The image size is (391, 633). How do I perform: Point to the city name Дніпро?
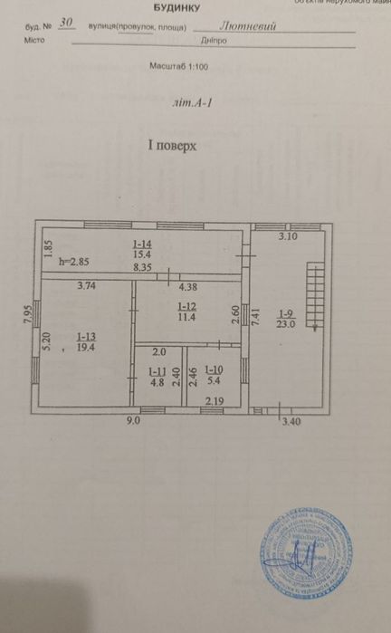pyautogui.click(x=215, y=42)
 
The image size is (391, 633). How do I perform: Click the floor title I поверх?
pyautogui.click(x=172, y=145)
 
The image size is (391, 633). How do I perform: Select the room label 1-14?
pyautogui.click(x=142, y=245)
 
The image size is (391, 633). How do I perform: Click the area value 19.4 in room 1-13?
pyautogui.click(x=87, y=347)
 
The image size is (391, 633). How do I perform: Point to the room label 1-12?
pyautogui.click(x=187, y=305)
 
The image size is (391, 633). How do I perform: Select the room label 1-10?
pyautogui.click(x=214, y=369)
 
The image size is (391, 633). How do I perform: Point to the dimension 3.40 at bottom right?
pyautogui.click(x=292, y=421)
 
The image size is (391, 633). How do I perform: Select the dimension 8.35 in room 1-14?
pyautogui.click(x=142, y=267)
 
